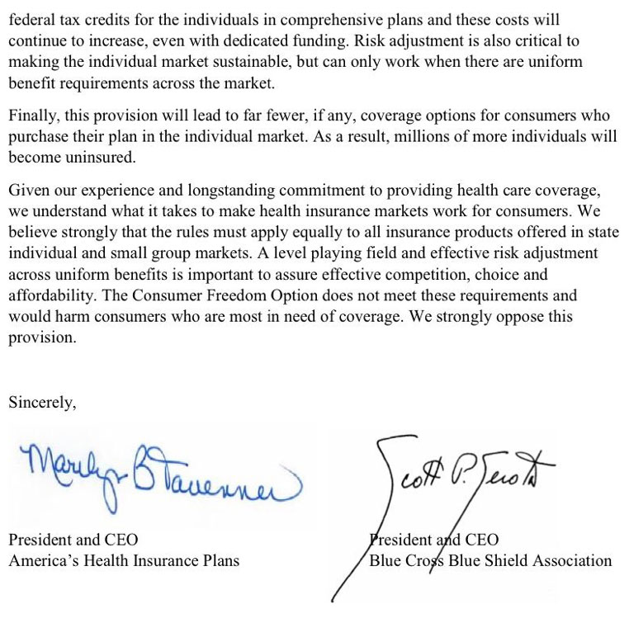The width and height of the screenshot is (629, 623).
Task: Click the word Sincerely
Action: [x=41, y=403]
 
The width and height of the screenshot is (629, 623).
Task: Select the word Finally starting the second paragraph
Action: [x=31, y=116]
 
